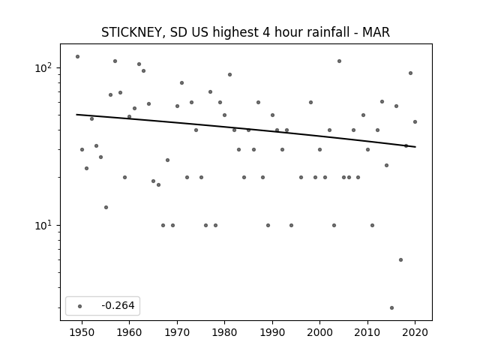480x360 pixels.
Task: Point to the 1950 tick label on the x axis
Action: pos(82,332)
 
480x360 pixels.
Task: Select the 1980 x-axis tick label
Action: pos(224,332)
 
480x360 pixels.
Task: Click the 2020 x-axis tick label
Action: pos(415,332)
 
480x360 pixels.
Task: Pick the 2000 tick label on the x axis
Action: pos(319,332)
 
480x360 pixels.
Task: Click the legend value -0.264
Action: pos(118,305)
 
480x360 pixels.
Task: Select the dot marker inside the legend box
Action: pos(80,306)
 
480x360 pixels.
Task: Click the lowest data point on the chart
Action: pos(391,308)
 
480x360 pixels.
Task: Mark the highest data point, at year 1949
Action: pos(77,57)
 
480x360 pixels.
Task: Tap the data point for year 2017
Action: pos(400,260)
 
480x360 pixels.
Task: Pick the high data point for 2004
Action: pos(339,61)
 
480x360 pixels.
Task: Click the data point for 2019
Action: pos(410,73)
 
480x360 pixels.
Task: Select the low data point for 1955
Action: pos(106,208)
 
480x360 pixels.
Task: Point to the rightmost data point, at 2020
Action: pos(415,121)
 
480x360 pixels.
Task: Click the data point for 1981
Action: pos(229,75)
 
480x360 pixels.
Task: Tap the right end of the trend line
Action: pos(415,147)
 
